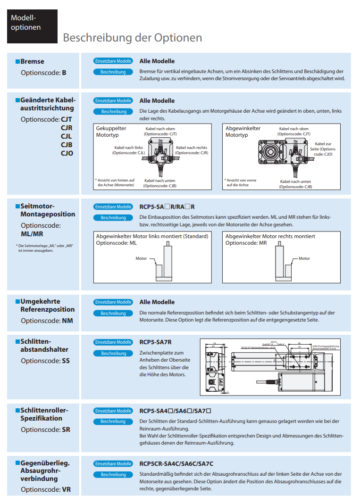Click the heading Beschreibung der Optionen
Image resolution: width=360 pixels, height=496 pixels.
tap(132, 38)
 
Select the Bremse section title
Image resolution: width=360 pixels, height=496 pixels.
tap(32, 61)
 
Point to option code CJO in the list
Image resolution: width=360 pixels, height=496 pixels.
tap(67, 153)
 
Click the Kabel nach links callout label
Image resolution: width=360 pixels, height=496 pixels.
tap(128, 150)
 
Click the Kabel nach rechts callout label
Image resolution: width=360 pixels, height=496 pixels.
tap(192, 150)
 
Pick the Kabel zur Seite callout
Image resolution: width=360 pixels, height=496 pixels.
tap(323, 149)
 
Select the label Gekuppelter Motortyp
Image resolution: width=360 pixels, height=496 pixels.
tap(111, 132)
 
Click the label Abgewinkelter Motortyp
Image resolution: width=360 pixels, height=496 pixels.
tap(243, 132)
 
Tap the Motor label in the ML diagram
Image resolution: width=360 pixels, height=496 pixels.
tap(141, 258)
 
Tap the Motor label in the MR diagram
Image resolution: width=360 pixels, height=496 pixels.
tap(304, 258)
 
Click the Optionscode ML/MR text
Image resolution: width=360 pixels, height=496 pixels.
tap(41, 230)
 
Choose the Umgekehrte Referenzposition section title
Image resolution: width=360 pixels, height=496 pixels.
tap(47, 306)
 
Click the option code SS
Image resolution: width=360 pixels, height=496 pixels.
tap(66, 361)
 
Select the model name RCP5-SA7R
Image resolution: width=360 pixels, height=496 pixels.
tap(155, 342)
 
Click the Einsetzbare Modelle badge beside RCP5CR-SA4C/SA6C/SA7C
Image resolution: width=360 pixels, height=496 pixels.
tap(113, 464)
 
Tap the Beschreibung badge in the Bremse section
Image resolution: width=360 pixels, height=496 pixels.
tap(113, 72)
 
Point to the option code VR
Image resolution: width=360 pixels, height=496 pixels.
tap(67, 489)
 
